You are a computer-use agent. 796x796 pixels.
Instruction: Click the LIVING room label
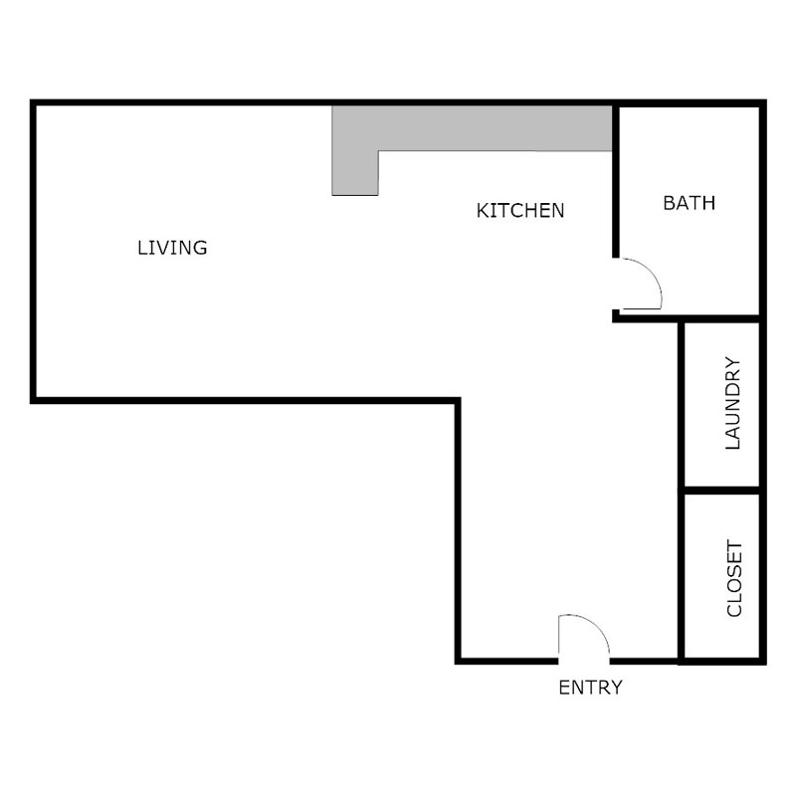coord(172,247)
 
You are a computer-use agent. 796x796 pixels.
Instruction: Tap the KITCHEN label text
coord(520,211)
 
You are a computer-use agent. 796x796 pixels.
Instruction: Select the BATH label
coord(689,203)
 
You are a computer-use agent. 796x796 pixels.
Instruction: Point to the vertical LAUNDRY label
coord(734,404)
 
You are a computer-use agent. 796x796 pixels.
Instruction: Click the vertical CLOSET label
coord(734,579)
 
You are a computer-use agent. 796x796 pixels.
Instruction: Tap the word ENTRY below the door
coord(590,687)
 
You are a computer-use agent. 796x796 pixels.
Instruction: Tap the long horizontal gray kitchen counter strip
coord(493,128)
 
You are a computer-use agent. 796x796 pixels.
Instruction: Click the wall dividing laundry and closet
coord(721,492)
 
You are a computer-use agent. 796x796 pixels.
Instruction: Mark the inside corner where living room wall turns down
coord(459,401)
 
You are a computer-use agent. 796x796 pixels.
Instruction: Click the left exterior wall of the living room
coord(34,249)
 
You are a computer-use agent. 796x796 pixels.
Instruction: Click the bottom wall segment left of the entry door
coord(507,660)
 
